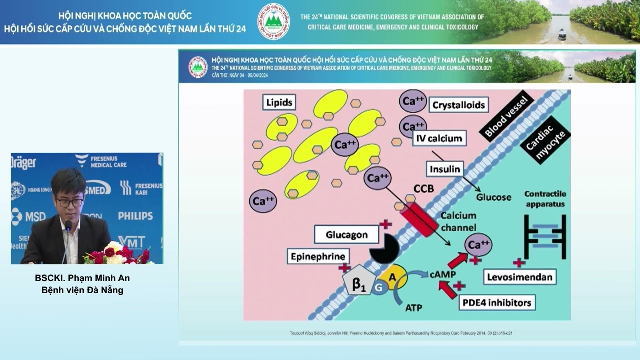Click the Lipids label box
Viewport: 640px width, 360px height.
coord(279,103)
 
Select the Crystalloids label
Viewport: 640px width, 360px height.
coord(459,105)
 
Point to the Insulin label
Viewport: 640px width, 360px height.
coord(445,169)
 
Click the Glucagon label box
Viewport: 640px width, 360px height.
coord(346,235)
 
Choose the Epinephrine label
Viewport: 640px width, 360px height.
coord(318,257)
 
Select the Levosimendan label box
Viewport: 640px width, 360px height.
coord(520,277)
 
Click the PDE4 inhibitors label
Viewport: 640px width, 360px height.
coord(496,302)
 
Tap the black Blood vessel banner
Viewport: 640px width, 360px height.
coord(506,116)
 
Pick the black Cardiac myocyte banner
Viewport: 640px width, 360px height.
coord(545,140)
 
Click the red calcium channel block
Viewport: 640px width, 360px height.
coord(418,219)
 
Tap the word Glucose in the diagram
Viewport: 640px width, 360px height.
coord(493,197)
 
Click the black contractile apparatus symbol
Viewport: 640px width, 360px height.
coord(545,237)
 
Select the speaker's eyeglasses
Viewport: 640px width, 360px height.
coord(69,202)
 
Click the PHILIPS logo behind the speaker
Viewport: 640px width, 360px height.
coord(135,216)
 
